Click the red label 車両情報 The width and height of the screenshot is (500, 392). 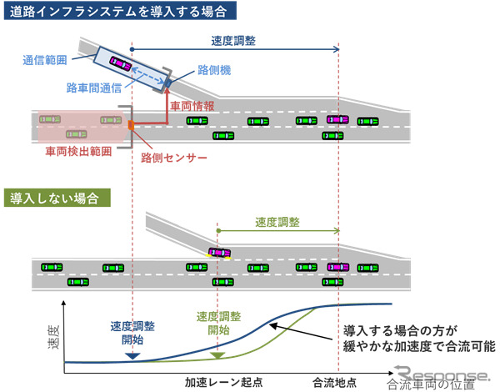click(x=191, y=106)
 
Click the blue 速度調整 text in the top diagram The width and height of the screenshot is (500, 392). click(x=234, y=39)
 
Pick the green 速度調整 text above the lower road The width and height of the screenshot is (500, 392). click(x=277, y=223)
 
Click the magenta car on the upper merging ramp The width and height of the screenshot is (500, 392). click(x=122, y=63)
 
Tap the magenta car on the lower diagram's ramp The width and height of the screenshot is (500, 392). click(x=220, y=251)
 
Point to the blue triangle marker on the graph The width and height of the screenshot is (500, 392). click(x=131, y=355)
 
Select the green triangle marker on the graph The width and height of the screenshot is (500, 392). click(x=216, y=356)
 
